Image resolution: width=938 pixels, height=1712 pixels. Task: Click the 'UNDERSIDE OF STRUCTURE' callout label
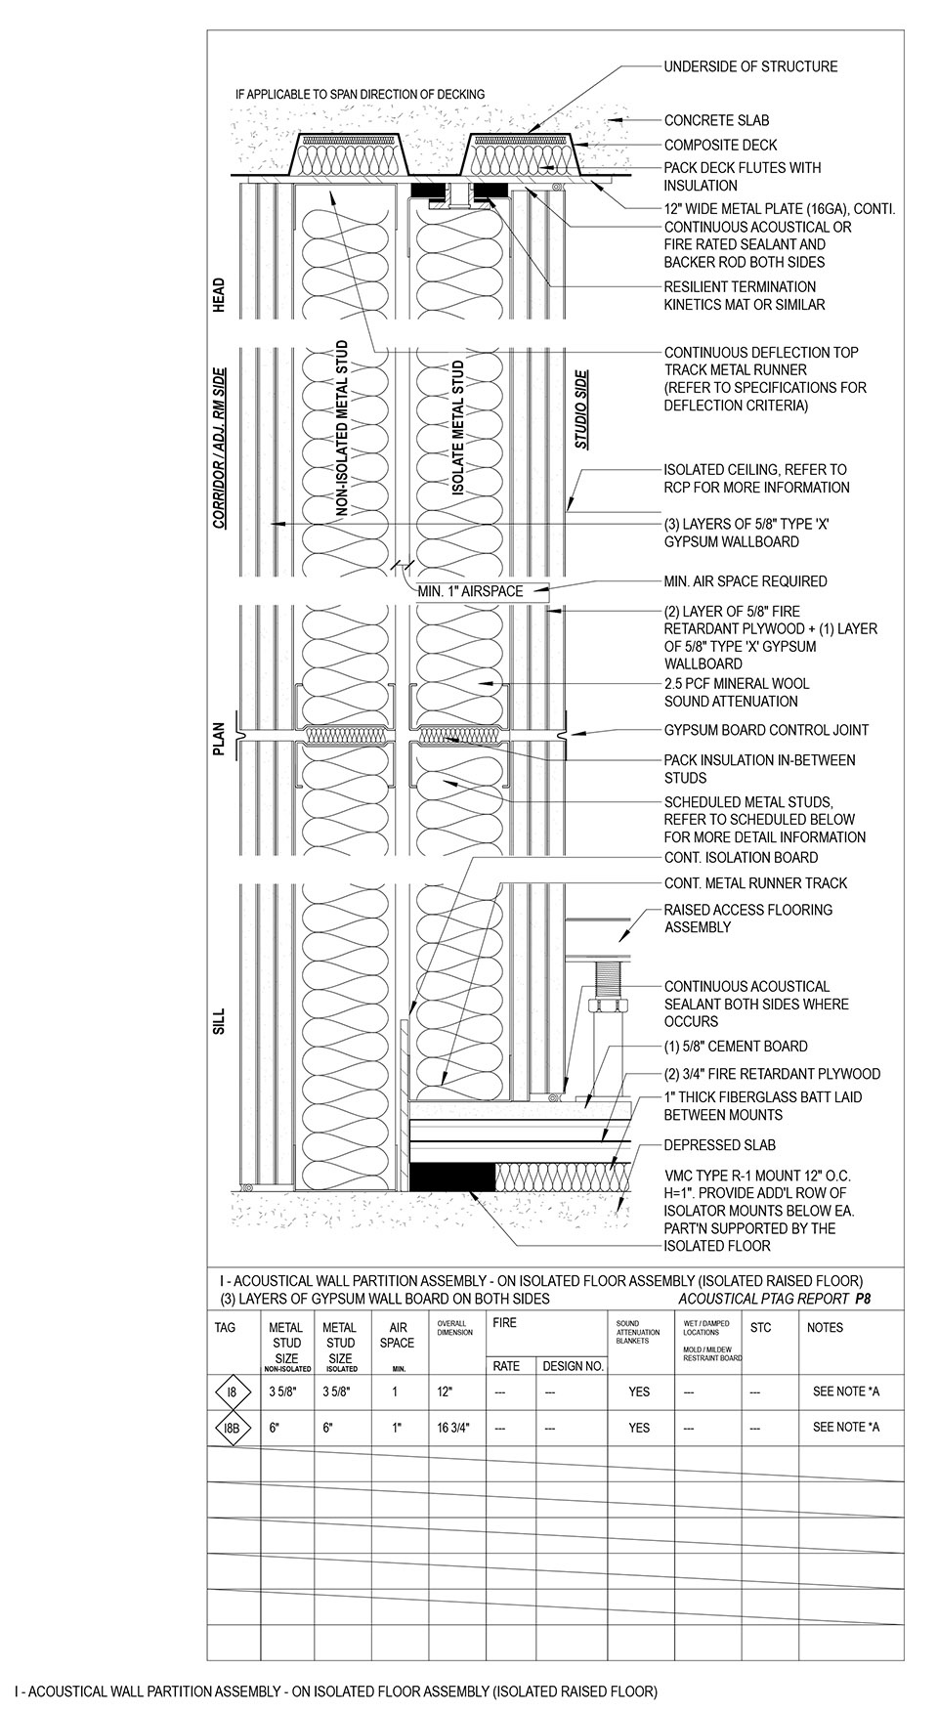tap(750, 66)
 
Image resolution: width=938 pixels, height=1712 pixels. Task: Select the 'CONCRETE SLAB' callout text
tap(716, 120)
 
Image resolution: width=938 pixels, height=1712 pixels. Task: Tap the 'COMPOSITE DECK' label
tap(720, 146)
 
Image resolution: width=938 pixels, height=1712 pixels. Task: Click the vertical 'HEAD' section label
tap(219, 295)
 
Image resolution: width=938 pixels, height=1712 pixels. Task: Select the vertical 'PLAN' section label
tap(219, 739)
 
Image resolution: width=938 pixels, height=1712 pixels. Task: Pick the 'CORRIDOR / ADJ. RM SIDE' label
tap(219, 449)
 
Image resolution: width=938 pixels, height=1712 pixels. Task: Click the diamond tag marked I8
tap(232, 1391)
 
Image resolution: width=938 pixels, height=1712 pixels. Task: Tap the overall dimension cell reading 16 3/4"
tap(454, 1428)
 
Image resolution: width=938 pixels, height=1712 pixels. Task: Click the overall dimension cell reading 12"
tap(445, 1391)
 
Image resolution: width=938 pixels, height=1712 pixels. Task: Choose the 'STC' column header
tap(760, 1328)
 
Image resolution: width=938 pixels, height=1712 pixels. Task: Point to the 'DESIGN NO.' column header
tap(573, 1366)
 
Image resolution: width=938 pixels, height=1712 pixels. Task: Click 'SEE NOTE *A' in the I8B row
tap(845, 1428)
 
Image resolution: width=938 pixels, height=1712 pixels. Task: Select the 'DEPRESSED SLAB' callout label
tap(720, 1144)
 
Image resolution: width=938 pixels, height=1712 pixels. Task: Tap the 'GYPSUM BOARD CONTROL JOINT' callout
tap(766, 730)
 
